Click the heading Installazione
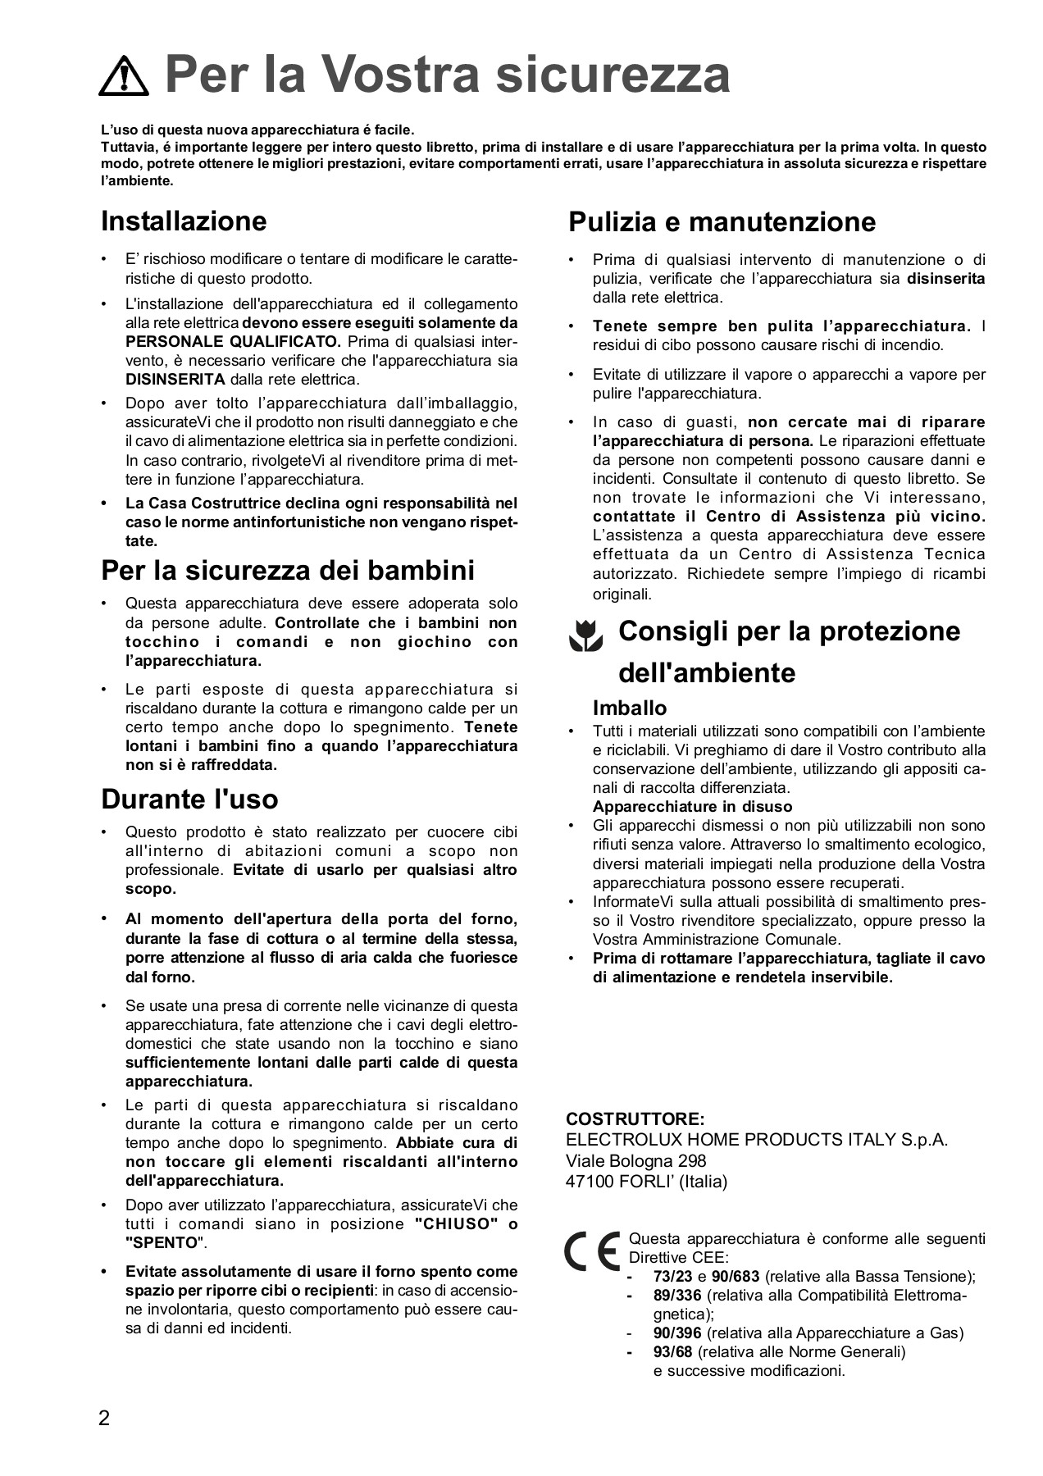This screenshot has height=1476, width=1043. [x=184, y=221]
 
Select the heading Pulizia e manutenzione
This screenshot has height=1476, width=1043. [x=722, y=221]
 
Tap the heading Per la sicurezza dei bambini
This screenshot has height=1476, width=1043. [x=288, y=570]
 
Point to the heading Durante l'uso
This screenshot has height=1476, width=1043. [x=189, y=799]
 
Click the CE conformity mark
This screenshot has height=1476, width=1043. [x=591, y=1251]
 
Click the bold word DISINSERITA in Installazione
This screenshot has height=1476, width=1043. [x=175, y=380]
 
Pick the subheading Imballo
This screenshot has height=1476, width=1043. [x=630, y=708]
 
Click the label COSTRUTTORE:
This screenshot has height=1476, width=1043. [x=635, y=1119]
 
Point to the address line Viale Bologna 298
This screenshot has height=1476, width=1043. [x=635, y=1161]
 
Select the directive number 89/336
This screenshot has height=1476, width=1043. [x=677, y=1296]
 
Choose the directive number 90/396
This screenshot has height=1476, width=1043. [x=677, y=1333]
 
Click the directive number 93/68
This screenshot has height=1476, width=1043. [x=673, y=1352]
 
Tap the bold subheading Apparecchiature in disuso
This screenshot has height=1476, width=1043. [x=692, y=806]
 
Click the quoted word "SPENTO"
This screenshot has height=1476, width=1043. [x=162, y=1243]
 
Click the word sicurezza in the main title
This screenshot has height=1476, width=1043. [x=613, y=75]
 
